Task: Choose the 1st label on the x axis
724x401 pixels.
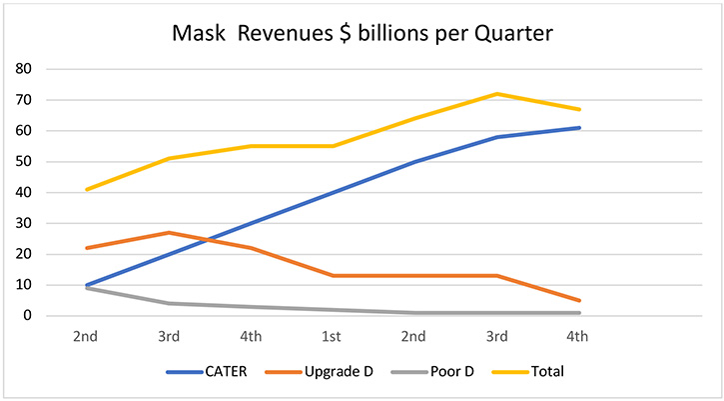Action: coord(333,338)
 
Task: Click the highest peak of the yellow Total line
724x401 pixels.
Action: coord(497,94)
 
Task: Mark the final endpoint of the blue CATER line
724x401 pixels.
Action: coord(579,128)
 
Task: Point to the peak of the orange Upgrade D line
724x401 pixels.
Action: coord(168,232)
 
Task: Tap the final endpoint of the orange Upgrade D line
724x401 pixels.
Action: coord(579,300)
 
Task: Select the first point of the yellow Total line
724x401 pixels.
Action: coord(86,189)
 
